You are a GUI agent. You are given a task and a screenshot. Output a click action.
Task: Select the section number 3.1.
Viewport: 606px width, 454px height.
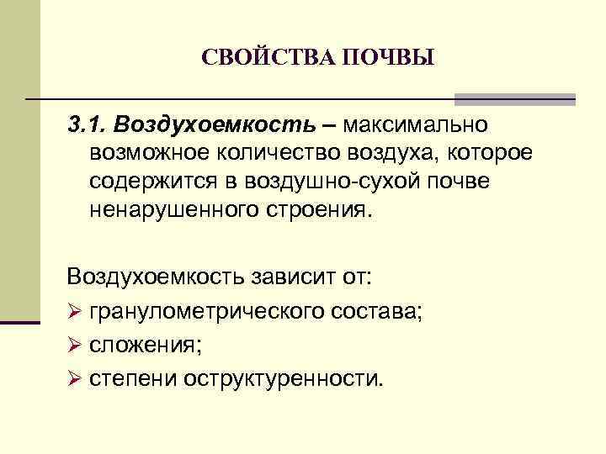pyautogui.click(x=88, y=125)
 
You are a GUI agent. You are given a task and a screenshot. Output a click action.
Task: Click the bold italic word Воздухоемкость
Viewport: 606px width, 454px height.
pyautogui.click(x=217, y=125)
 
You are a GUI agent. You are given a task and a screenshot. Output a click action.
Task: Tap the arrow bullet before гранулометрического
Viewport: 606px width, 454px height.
pyautogui.click(x=73, y=312)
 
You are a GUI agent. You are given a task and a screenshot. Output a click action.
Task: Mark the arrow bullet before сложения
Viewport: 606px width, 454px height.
pyautogui.click(x=73, y=344)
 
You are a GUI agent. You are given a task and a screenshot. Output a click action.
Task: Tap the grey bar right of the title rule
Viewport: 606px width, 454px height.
pyautogui.click(x=514, y=99)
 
